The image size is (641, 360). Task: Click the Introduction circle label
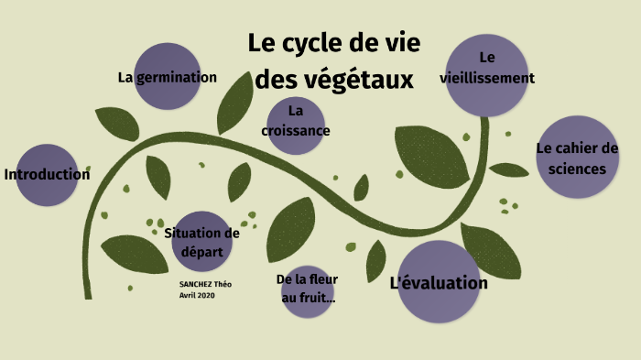(x=47, y=174)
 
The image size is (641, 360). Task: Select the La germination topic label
(x=167, y=77)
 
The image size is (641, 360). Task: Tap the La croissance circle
(x=296, y=121)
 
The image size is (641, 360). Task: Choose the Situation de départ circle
(x=201, y=243)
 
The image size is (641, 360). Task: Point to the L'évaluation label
(x=439, y=283)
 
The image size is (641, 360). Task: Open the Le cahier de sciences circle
(x=577, y=158)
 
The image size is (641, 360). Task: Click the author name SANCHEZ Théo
(x=205, y=285)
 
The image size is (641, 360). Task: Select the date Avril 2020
(x=197, y=295)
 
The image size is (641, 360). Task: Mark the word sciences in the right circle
(x=577, y=169)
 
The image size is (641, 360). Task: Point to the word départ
(x=201, y=251)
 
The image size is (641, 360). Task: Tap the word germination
(x=178, y=77)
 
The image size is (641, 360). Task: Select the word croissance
(x=296, y=130)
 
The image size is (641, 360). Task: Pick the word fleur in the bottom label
(x=319, y=278)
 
